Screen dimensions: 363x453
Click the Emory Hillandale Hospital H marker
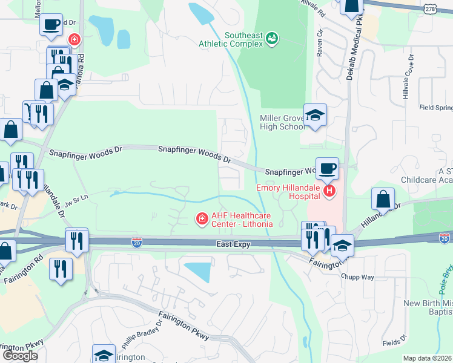click(329, 192)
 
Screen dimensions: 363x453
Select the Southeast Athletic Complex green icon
click(272, 39)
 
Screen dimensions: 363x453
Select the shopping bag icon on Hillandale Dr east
click(383, 198)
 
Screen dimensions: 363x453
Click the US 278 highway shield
click(431, 8)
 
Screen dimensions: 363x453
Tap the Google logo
click(21, 356)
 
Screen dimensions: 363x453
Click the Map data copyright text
click(428, 358)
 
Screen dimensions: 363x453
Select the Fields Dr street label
click(395, 342)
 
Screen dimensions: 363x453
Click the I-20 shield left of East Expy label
click(137, 243)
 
